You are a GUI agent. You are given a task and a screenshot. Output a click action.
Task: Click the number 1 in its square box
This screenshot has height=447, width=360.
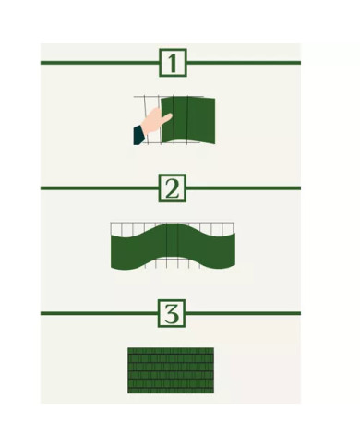coord(172,63)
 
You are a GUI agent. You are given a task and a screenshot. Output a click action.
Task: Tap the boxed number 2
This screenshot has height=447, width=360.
coord(172,188)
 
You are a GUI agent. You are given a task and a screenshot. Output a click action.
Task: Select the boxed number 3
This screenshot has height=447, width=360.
coord(172,314)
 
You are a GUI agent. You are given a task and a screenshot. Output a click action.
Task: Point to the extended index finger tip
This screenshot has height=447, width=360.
coord(169,115)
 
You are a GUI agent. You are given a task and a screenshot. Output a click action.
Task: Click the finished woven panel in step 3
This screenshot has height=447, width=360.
coord(171,370)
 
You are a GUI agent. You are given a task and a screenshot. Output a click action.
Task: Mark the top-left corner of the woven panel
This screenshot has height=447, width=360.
coord(129,349)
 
